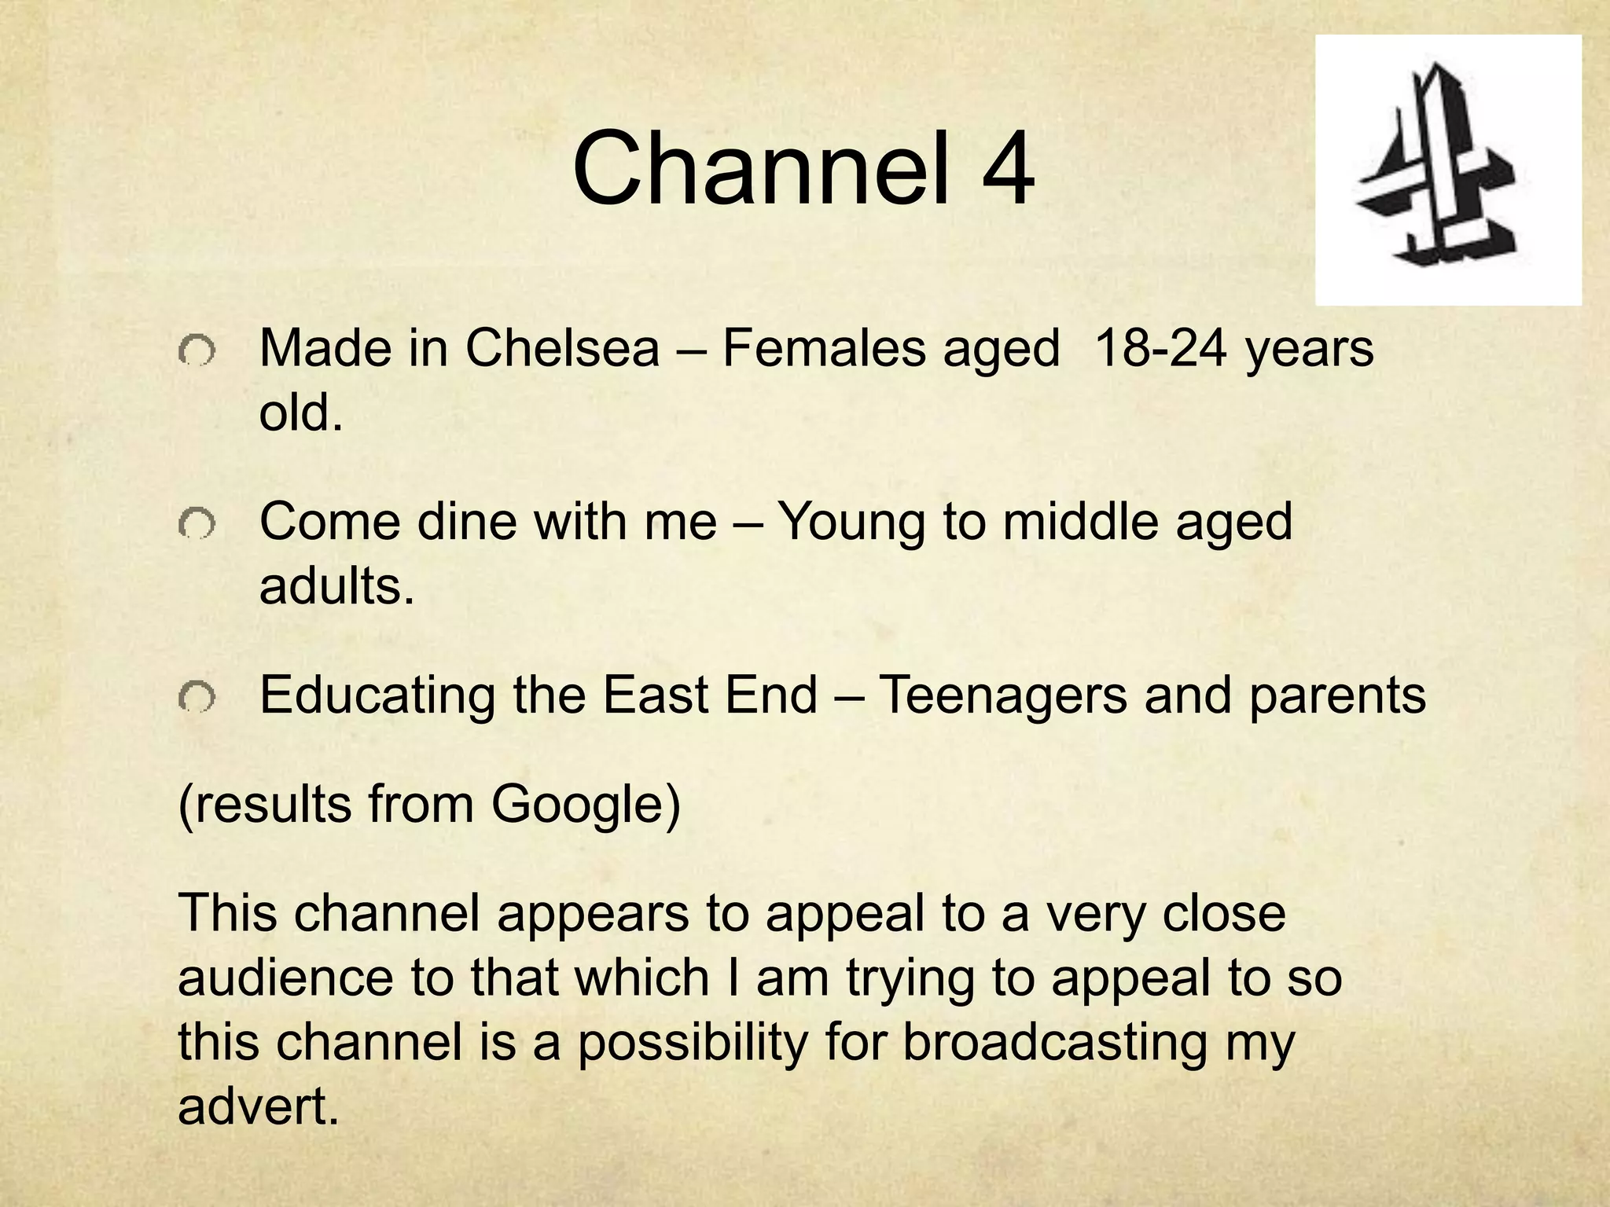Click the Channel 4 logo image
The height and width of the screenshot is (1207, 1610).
[x=1448, y=170]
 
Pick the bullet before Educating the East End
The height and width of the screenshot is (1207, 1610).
[x=196, y=697]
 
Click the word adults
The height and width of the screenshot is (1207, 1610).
[x=336, y=585]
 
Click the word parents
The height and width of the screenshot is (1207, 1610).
[x=1337, y=696]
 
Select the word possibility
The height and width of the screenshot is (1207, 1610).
[x=693, y=1043]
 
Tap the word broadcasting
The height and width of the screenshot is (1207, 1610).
[x=1054, y=1043]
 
